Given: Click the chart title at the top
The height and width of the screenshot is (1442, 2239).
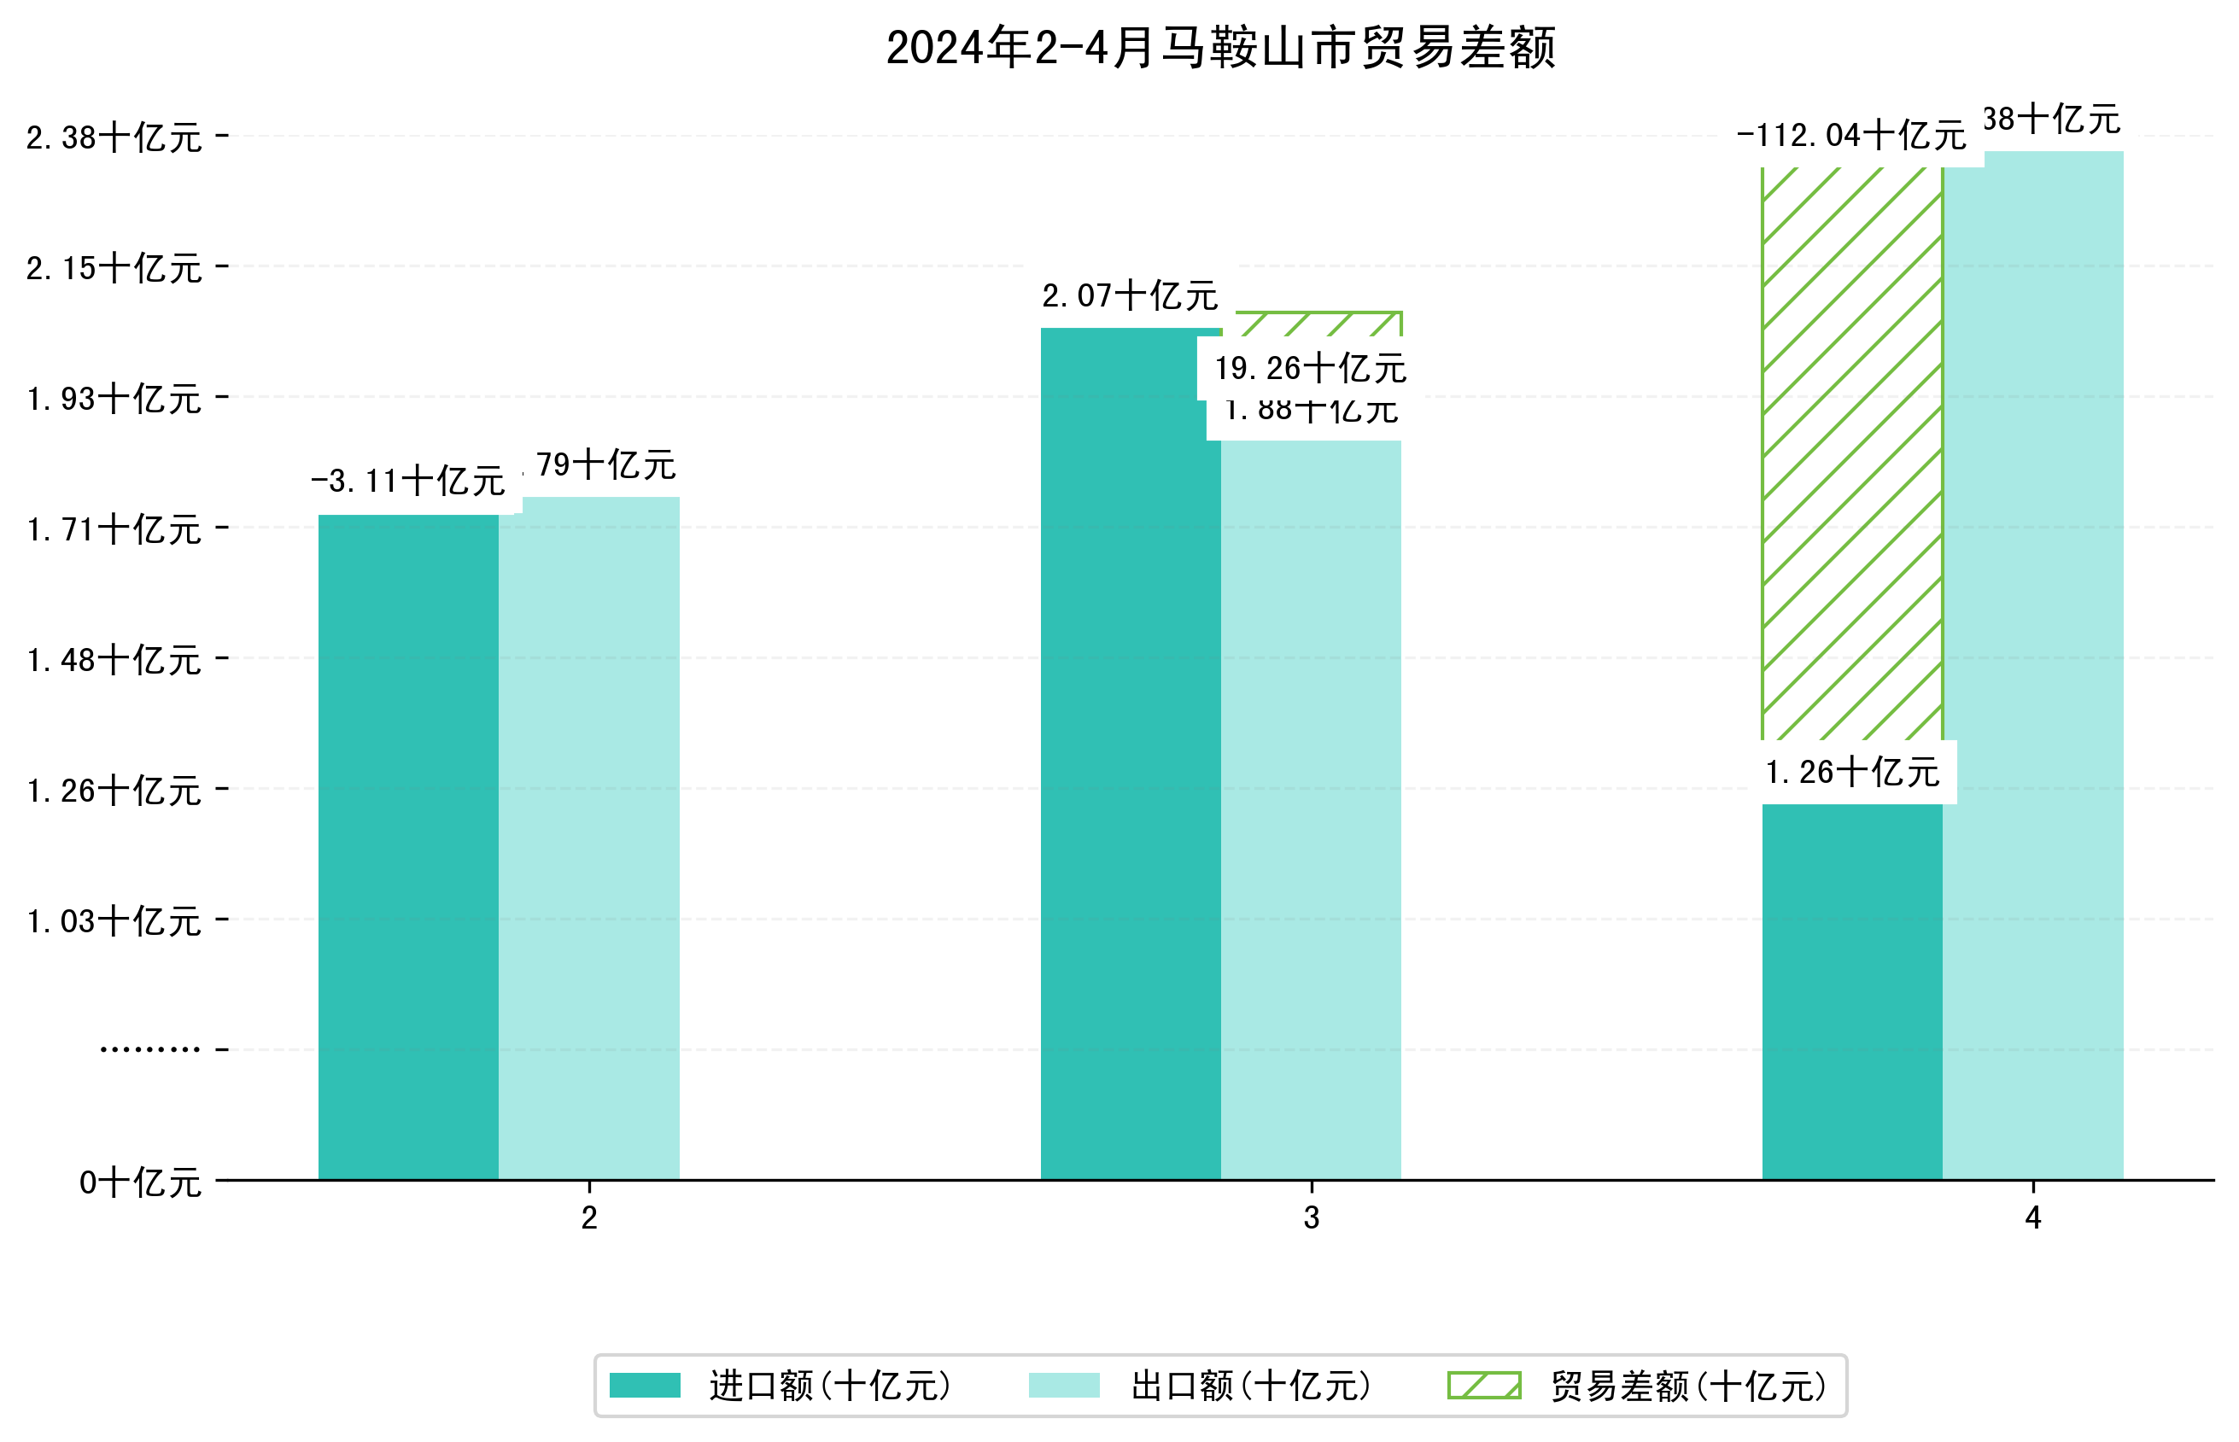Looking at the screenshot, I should [1219, 48].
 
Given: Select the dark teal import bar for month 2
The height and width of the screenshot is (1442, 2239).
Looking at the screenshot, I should [408, 843].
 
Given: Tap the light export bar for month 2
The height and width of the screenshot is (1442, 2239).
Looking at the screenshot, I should [589, 843].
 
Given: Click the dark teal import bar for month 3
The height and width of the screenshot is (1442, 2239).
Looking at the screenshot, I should [1131, 749].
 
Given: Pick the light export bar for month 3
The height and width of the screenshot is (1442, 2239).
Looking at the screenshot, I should [1310, 805].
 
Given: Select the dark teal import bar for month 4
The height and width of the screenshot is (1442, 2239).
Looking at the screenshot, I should [1851, 993].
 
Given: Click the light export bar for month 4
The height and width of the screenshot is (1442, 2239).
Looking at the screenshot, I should [2032, 656].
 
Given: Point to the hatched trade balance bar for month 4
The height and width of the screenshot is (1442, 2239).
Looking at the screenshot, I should [1851, 449].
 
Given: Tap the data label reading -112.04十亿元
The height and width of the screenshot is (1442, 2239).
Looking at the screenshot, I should [1850, 137].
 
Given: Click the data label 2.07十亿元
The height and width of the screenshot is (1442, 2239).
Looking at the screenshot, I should [1130, 297].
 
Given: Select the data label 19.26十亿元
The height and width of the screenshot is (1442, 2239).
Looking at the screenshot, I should [1310, 369].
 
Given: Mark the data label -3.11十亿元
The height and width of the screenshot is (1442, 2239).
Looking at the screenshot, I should [408, 482].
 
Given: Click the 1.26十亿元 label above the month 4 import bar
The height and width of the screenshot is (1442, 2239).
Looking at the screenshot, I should [1851, 774].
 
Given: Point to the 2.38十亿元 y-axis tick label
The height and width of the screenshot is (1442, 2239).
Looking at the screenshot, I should [114, 138].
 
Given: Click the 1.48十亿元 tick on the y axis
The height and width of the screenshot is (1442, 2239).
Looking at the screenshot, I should [114, 661].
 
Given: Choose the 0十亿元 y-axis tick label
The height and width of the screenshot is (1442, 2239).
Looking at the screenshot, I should [139, 1183].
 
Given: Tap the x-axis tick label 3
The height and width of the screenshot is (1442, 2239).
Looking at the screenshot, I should [1311, 1218].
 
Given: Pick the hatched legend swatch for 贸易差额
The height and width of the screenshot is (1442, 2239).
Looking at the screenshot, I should [1483, 1386].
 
